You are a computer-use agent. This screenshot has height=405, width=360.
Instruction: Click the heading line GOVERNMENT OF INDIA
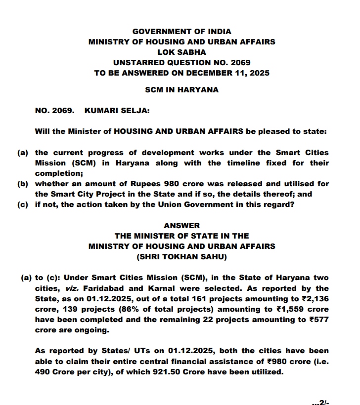click(181, 32)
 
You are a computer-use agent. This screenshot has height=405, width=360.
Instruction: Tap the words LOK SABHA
click(181, 52)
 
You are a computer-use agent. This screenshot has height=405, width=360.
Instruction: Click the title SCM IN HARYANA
click(181, 90)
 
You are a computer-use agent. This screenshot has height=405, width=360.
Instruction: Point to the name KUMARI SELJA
click(117, 111)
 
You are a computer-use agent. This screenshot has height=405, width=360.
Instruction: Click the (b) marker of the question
click(23, 184)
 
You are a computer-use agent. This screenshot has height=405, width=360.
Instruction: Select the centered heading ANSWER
click(181, 226)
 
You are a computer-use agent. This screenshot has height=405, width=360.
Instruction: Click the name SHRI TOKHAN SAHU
click(181, 256)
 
